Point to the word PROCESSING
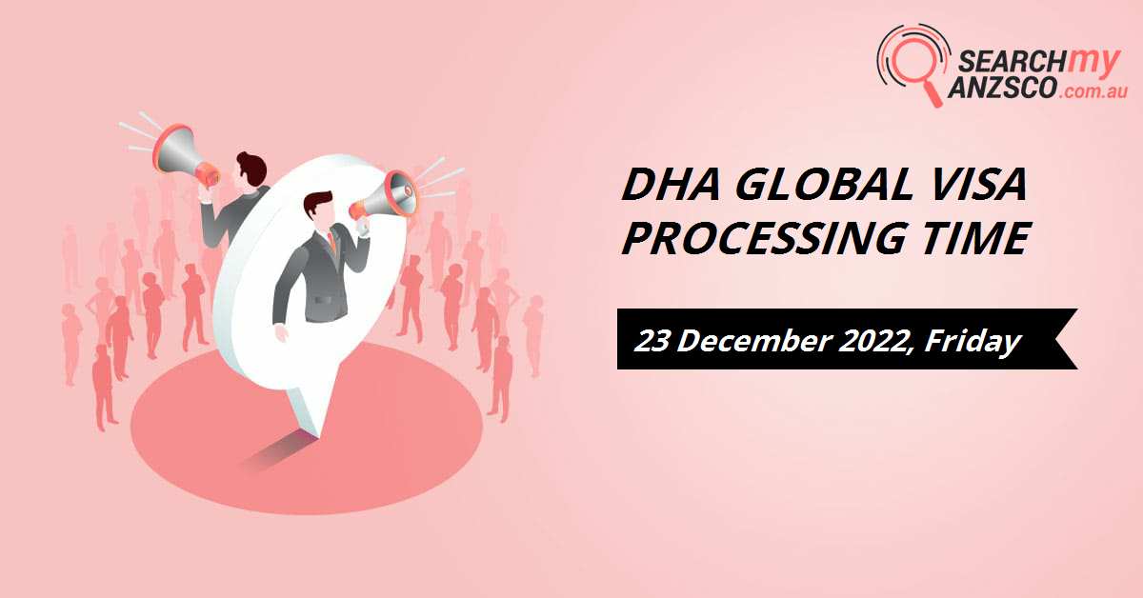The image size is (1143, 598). click(764, 237)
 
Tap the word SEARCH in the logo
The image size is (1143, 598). click(1012, 62)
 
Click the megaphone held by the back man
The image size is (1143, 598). click(186, 154)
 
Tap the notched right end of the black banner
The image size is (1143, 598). click(1070, 339)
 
